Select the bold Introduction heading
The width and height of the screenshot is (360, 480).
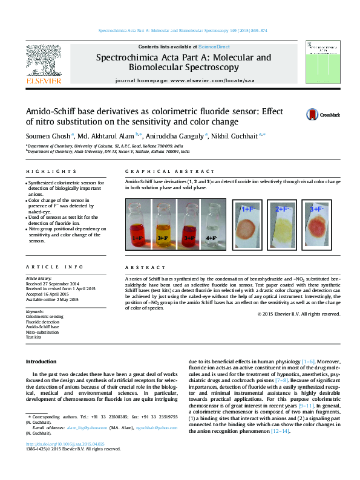[41, 361]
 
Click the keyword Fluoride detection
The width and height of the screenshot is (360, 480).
[42, 322]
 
